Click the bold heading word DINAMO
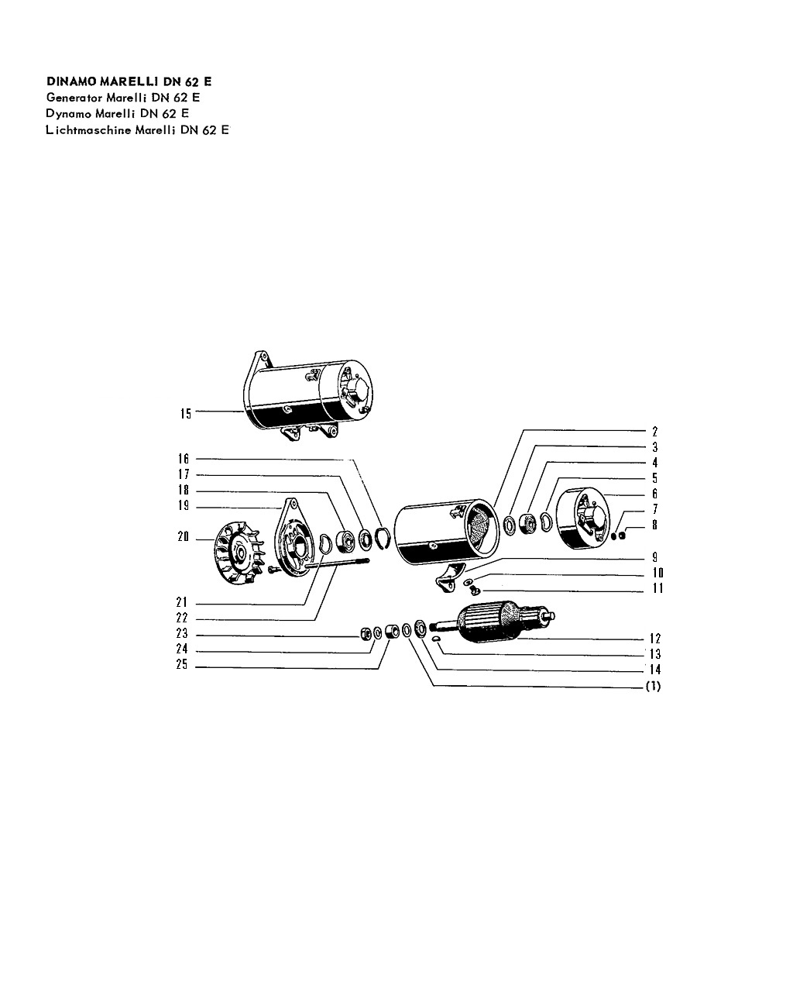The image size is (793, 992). (71, 81)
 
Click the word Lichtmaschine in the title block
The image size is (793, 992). (88, 130)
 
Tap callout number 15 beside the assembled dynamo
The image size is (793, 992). (185, 414)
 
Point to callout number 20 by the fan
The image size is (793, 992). (184, 536)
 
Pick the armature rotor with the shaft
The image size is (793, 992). (492, 622)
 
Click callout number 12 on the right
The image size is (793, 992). (655, 639)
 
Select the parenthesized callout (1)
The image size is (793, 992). (654, 687)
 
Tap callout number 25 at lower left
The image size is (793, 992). (182, 664)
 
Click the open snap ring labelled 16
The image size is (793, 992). (383, 538)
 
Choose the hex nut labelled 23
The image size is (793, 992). (366, 634)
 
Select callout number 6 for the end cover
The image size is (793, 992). (654, 494)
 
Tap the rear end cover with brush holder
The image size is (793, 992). (583, 518)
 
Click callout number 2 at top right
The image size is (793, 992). (654, 432)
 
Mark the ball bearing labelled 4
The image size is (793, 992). (527, 523)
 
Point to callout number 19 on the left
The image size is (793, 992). (184, 505)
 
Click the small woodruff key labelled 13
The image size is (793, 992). (437, 639)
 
